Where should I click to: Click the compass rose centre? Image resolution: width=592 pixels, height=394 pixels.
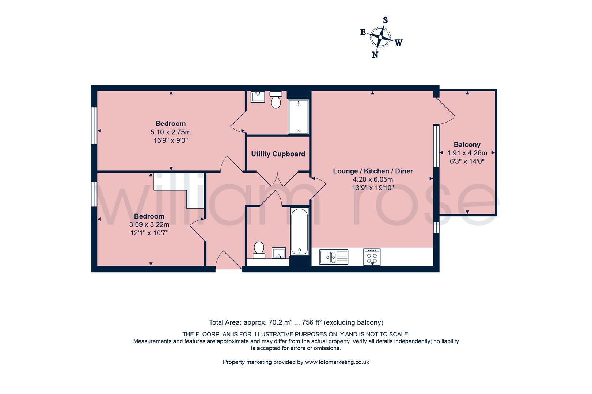[x=380, y=37]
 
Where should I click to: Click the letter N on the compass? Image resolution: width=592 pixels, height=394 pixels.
[x=375, y=55]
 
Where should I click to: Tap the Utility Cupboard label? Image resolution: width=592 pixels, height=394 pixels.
[x=278, y=154]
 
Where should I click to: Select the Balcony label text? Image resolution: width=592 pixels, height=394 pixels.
[x=467, y=144]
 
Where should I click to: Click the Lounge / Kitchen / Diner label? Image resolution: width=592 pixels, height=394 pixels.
[x=373, y=171]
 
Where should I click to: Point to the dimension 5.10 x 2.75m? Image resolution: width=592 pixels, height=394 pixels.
[x=170, y=132]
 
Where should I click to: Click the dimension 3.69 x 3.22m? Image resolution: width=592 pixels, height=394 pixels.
[x=149, y=225]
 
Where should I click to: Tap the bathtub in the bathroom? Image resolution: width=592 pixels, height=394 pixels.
[x=300, y=231]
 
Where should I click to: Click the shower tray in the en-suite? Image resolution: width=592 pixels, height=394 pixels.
[x=298, y=117]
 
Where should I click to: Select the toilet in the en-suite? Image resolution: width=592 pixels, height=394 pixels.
[x=276, y=100]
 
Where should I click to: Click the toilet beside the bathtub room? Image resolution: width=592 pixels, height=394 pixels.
[x=259, y=250]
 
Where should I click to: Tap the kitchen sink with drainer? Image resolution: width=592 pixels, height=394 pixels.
[x=334, y=257]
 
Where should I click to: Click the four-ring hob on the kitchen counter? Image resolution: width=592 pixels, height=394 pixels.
[x=372, y=257]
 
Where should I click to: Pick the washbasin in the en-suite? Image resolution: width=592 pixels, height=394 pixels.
[x=258, y=96]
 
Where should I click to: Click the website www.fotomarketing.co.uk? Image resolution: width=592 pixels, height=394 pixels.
[x=337, y=362]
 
